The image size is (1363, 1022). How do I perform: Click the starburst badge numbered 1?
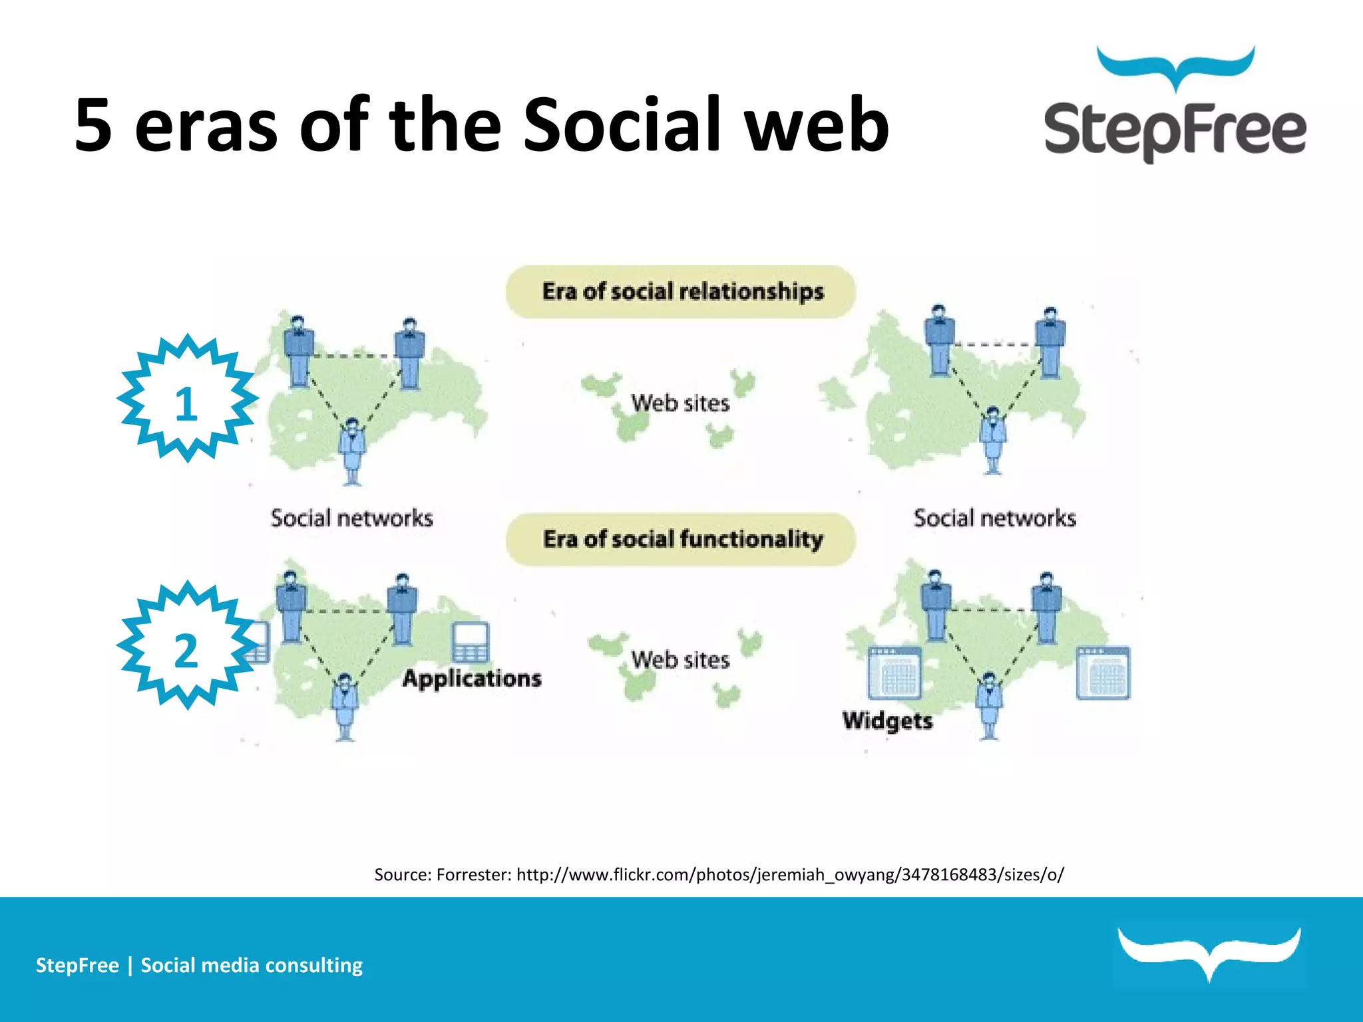pyautogui.click(x=187, y=399)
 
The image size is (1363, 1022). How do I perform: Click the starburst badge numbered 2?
pyautogui.click(x=187, y=645)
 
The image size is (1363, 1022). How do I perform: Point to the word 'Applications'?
pyautogui.click(x=472, y=679)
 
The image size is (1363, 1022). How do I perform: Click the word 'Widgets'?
pyautogui.click(x=887, y=721)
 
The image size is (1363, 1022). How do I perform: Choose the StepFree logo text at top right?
pyautogui.click(x=1175, y=130)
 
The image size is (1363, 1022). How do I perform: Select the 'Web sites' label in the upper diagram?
pyautogui.click(x=680, y=403)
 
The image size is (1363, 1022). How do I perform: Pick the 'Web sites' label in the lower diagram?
pyautogui.click(x=680, y=660)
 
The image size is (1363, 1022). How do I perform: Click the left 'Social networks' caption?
pyautogui.click(x=351, y=518)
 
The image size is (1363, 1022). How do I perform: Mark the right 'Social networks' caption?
pyautogui.click(x=994, y=518)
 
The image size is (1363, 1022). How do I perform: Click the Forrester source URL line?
pyautogui.click(x=719, y=874)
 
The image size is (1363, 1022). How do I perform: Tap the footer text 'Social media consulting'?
pyautogui.click(x=252, y=965)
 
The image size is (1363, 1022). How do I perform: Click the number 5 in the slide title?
pyautogui.click(x=93, y=124)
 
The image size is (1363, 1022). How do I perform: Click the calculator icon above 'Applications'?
pyautogui.click(x=470, y=643)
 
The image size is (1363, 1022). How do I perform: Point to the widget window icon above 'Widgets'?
pyautogui.click(x=895, y=673)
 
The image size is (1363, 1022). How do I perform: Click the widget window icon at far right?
pyautogui.click(x=1103, y=672)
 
